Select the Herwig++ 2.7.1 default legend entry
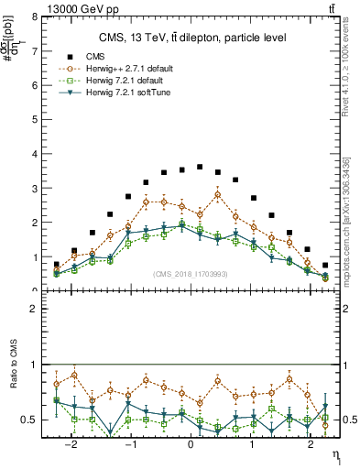coord(128,69)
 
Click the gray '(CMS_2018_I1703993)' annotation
coord(191,274)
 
